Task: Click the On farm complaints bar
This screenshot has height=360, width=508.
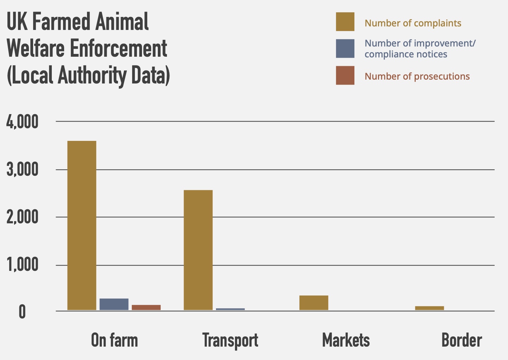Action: pos(82,225)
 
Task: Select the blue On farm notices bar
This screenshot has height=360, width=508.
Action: pos(114,304)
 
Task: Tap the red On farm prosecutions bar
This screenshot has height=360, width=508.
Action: pos(146,308)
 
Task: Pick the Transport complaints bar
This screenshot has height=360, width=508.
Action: pos(198,250)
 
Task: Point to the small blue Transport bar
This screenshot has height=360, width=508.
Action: pos(230,309)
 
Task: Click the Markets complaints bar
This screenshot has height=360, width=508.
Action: pos(314,303)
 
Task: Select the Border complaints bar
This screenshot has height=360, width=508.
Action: pos(429,308)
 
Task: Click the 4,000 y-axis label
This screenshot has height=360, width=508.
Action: pos(23,122)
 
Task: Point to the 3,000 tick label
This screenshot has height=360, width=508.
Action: pos(23,170)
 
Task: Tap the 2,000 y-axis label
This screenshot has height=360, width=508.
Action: pos(23,218)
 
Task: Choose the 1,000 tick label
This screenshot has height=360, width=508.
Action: pos(23,265)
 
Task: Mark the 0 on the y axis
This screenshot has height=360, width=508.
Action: pos(22,312)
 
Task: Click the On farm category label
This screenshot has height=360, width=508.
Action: pos(114,340)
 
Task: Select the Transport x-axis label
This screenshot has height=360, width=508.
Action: pos(230,340)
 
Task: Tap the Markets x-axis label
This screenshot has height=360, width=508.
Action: pos(346,340)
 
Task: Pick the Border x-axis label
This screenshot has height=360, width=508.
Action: pos(461,340)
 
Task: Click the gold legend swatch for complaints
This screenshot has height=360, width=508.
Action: pos(345,22)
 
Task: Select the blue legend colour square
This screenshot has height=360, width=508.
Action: pos(345,49)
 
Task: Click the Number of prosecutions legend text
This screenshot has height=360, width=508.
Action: pos(417,76)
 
